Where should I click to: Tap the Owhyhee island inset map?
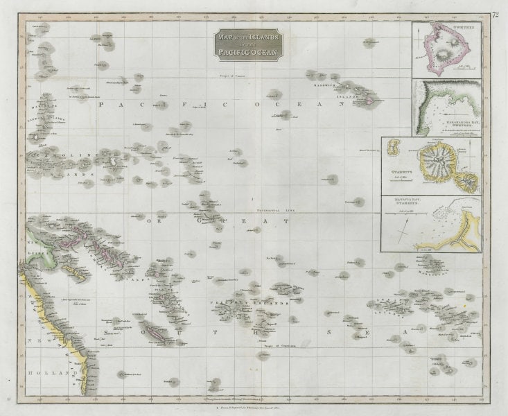(x=446, y=51)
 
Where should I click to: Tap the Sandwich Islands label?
(x=326, y=91)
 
